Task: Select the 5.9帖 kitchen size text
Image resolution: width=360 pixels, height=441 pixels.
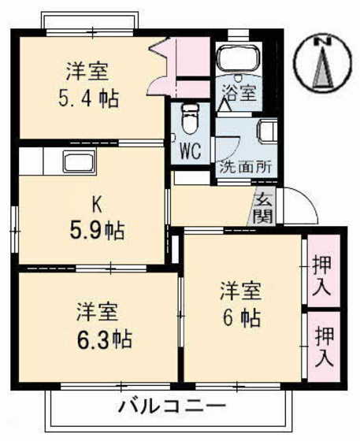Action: coord(95,232)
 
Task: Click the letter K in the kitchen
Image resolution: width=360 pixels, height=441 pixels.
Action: coord(96,206)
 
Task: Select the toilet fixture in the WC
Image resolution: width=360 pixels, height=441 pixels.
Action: coord(189,118)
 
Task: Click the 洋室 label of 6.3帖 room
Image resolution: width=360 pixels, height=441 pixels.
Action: coord(97,311)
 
